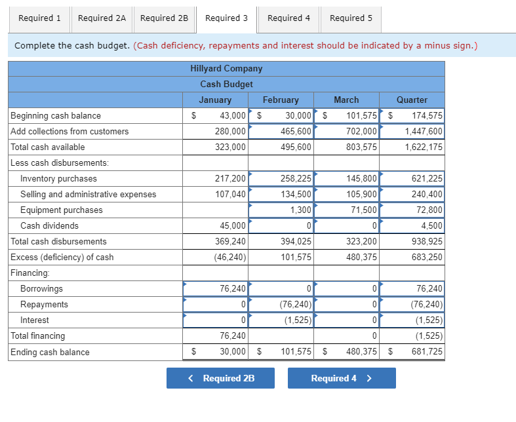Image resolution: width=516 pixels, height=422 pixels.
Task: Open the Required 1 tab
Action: point(39,18)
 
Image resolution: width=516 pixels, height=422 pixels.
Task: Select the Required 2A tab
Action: point(102,18)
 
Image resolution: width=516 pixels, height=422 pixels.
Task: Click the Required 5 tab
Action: point(351,18)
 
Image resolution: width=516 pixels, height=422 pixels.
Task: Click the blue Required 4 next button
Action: point(342,378)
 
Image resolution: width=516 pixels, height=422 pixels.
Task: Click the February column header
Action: point(281,100)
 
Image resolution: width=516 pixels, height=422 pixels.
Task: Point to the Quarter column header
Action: point(412,100)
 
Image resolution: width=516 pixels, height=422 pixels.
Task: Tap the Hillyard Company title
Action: point(226,68)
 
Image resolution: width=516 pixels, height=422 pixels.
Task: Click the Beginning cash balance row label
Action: point(56,116)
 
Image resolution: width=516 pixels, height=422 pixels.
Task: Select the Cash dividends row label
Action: point(49,226)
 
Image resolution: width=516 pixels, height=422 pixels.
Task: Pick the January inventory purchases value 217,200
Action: point(230,179)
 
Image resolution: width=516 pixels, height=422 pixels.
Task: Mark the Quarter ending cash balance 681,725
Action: point(427,353)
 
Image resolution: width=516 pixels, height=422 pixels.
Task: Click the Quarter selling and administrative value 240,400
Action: point(427,195)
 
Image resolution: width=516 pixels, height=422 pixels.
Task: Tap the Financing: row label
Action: point(30,273)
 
